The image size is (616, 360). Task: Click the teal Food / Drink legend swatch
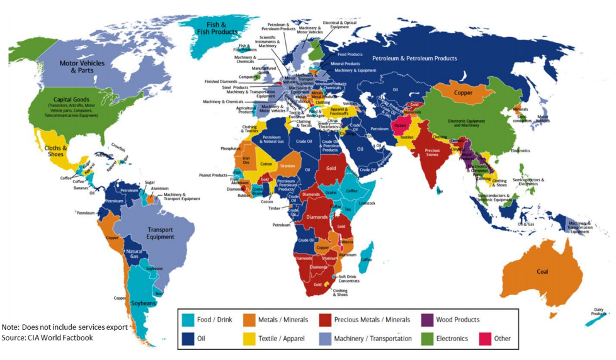tap(187, 320)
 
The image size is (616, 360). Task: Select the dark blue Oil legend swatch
tap(187, 338)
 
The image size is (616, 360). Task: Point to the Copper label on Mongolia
tap(463, 93)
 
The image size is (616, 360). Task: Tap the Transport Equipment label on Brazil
tap(160, 233)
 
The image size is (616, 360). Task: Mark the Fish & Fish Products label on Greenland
tap(217, 28)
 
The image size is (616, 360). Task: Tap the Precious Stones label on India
tap(432, 153)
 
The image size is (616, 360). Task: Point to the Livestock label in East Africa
tap(366, 203)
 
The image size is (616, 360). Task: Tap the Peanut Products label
tap(213, 174)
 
